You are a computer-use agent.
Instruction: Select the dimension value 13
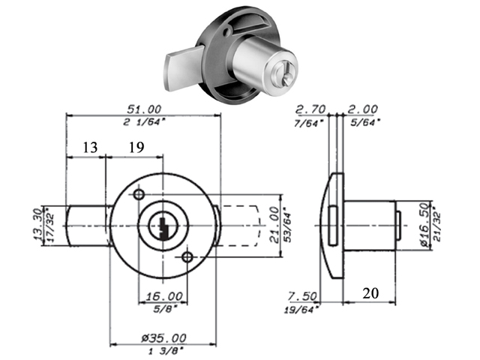90,148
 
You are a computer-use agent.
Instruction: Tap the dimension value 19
136,148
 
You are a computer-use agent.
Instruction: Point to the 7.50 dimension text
306,295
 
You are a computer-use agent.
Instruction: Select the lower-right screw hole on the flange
187,258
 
